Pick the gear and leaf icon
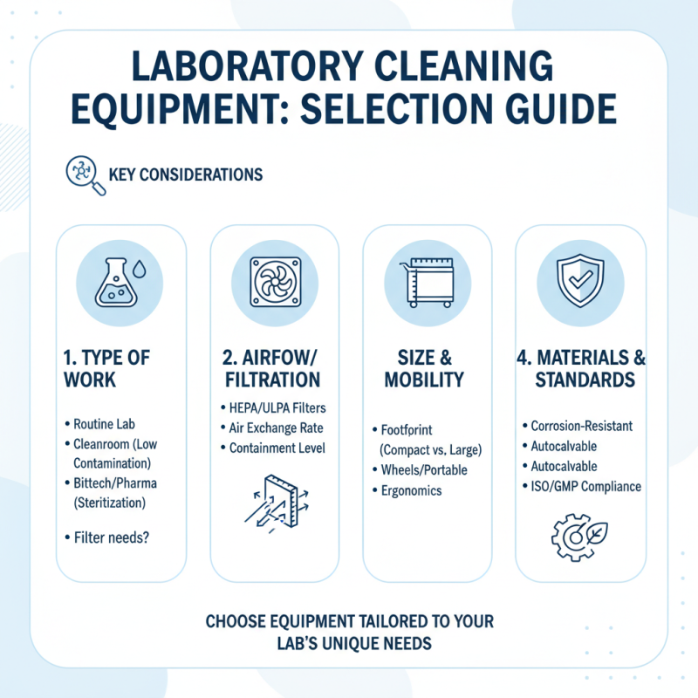coord(579,535)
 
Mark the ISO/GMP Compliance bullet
coord(585,486)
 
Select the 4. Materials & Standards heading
coord(579,370)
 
